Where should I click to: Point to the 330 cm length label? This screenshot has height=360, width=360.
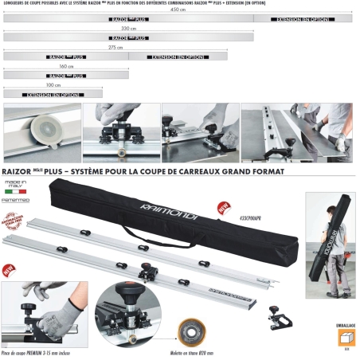pos(129,28)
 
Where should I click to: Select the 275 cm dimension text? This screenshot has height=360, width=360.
pos(115,47)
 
